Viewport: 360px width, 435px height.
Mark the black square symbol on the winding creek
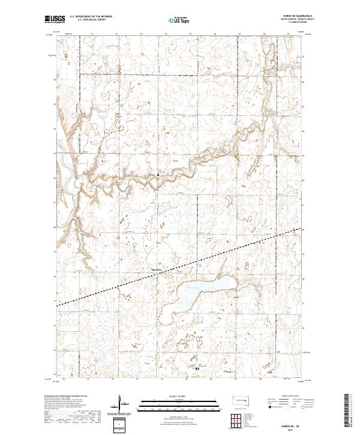158,175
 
